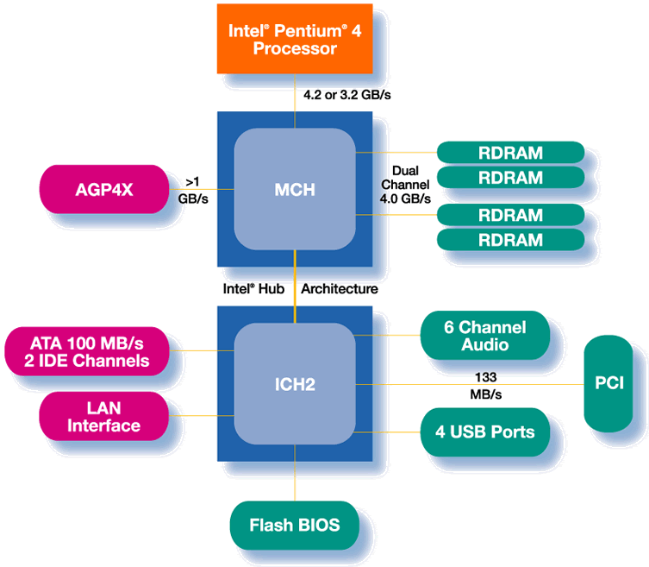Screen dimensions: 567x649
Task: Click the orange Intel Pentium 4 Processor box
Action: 295,40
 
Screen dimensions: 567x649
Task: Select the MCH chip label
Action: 295,189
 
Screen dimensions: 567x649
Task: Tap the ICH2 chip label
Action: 295,383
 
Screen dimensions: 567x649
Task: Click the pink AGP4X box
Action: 103,189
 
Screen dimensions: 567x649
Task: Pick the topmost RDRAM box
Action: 510,153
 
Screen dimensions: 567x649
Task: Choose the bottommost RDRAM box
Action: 510,239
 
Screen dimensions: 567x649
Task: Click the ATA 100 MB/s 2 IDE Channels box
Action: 89,351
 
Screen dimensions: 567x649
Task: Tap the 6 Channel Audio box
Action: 484,335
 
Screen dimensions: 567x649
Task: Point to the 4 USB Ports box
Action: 484,431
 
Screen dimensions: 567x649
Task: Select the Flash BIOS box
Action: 294,524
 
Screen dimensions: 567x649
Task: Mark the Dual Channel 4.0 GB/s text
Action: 405,185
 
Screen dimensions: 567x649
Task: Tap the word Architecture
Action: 339,289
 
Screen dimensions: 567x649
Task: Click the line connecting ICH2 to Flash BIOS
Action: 295,479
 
